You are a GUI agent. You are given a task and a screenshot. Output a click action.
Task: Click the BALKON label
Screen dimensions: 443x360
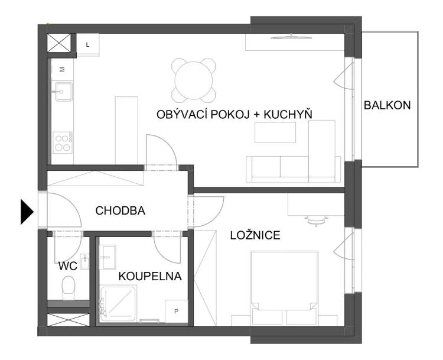387,105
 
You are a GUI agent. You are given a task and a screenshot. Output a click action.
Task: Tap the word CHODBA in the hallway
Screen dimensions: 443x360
120,210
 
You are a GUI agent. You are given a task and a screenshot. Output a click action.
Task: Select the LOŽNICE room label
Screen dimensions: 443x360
255,235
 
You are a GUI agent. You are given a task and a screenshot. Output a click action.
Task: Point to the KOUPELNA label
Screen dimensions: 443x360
150,276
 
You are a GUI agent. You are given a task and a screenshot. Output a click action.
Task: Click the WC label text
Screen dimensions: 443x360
68,266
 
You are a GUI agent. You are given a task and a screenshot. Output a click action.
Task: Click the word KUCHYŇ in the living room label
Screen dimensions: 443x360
288,115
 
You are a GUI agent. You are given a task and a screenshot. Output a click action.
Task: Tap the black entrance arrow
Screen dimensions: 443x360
27,212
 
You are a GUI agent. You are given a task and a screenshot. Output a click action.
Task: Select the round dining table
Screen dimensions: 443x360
194,80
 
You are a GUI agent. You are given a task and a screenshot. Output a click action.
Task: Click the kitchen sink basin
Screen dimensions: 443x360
64,92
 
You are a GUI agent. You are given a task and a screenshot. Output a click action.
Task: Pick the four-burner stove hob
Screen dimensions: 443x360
63,143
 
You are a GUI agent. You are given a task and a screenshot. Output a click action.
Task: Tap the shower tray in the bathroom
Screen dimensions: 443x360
119,305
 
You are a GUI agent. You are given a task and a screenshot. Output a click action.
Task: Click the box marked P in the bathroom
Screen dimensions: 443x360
176,312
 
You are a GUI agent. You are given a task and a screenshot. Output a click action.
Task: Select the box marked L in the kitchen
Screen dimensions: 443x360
88,44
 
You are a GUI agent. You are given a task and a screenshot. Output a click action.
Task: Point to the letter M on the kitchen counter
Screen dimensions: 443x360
63,69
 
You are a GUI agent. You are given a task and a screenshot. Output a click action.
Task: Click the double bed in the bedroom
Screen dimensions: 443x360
284,288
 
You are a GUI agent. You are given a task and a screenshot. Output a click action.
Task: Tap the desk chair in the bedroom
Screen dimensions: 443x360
315,220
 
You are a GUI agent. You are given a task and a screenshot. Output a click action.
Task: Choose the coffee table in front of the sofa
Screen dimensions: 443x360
275,132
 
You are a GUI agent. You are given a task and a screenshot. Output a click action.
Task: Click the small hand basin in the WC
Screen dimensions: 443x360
84,261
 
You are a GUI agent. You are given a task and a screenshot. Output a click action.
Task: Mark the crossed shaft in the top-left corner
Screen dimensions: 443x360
58,43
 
